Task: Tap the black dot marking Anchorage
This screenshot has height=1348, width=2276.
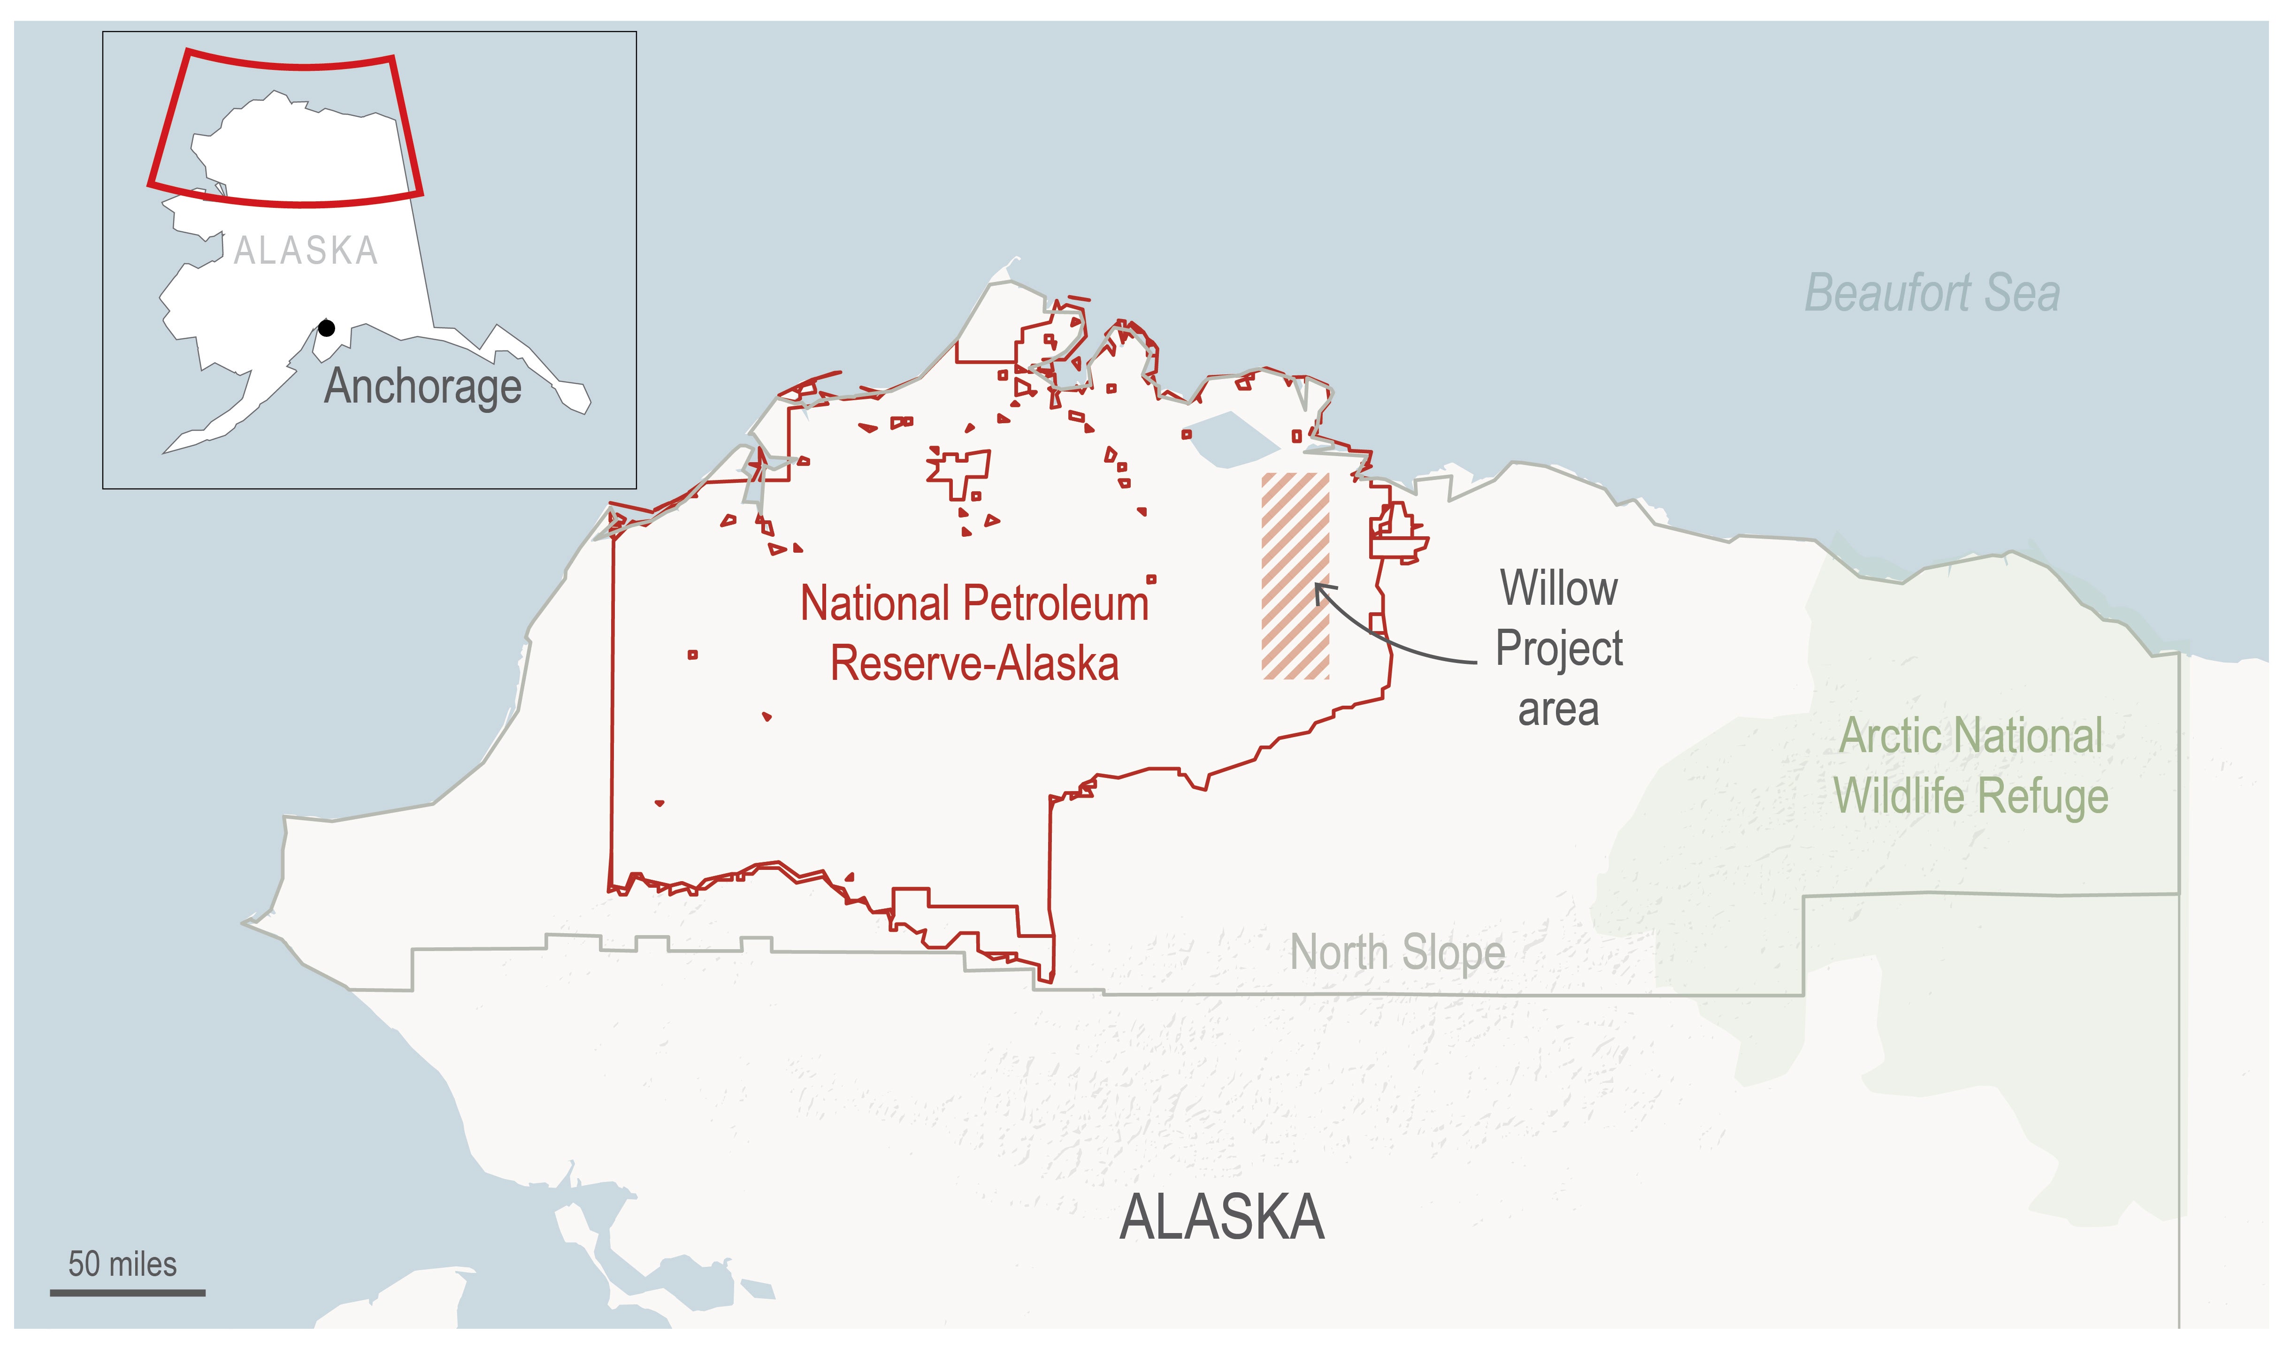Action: [x=326, y=328]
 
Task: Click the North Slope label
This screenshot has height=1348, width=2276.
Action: [x=1397, y=953]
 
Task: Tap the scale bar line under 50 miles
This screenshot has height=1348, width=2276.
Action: [x=127, y=1292]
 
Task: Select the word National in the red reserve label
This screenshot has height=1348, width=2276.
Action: [x=875, y=604]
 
